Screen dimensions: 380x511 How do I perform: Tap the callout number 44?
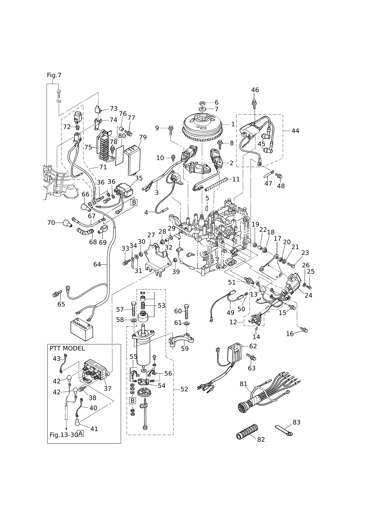295,131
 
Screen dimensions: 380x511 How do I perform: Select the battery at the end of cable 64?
82,329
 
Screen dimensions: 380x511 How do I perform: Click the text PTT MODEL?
67,348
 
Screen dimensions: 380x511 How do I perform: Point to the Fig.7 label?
54,75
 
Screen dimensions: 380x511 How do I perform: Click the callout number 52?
184,389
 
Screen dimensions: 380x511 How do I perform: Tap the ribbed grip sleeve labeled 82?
247,432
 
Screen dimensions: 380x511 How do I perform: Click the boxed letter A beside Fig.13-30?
80,434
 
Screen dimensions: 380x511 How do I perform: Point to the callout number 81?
243,384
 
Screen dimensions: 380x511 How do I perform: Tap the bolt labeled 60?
186,311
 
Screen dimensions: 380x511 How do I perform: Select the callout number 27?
151,235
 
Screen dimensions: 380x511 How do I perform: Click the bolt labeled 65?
57,293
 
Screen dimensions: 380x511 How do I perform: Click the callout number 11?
236,179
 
